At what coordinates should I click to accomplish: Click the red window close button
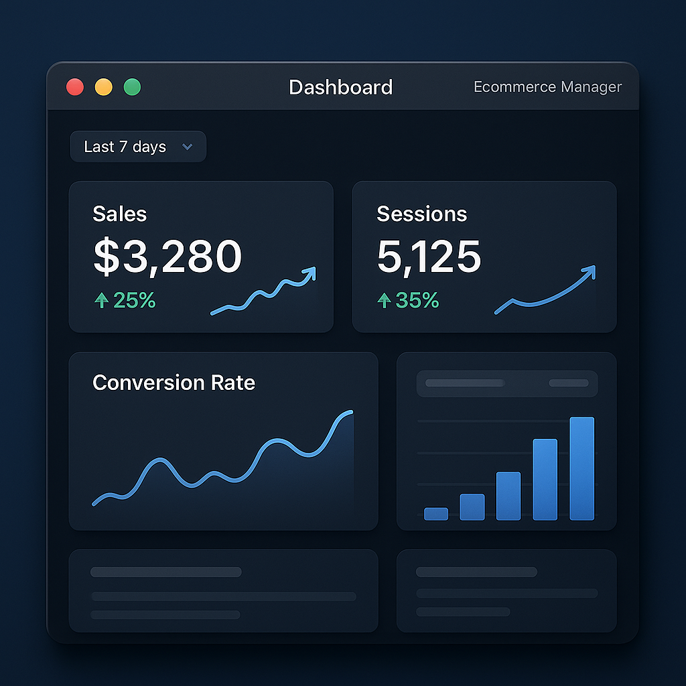(x=75, y=87)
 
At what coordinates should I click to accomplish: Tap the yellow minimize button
(x=104, y=87)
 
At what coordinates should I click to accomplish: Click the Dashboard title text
(x=340, y=87)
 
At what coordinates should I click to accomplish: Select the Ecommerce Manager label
(x=547, y=87)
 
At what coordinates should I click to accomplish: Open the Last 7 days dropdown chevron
(x=188, y=147)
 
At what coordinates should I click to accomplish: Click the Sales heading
(x=119, y=214)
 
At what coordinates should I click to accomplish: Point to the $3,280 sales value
(x=167, y=257)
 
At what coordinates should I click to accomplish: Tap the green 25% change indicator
(x=125, y=301)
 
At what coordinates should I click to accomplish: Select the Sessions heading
(x=421, y=214)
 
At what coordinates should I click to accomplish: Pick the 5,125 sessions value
(x=429, y=257)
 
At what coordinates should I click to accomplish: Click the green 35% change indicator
(x=409, y=301)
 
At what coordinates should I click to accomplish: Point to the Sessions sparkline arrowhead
(x=590, y=271)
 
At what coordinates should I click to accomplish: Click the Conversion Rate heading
(x=174, y=383)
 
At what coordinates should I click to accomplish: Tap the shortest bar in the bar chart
(x=436, y=513)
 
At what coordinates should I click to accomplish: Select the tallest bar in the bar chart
(x=581, y=468)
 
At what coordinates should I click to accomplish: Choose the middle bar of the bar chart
(x=508, y=496)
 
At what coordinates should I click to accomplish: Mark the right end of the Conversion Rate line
(x=351, y=412)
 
